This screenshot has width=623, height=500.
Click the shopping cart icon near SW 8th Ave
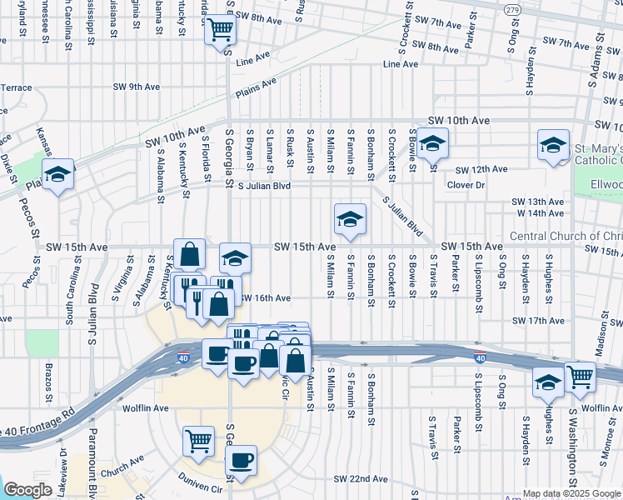tap(220, 30)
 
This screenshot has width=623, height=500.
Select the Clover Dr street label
tap(466, 185)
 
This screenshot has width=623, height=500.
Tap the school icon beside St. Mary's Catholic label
tap(553, 146)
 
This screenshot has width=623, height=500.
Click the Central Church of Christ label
tap(566, 236)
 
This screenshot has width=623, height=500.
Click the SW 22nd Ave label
tap(361, 479)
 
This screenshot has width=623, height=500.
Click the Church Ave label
tap(124, 457)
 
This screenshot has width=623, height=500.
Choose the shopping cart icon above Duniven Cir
tap(198, 439)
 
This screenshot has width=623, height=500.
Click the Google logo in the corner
tap(27, 490)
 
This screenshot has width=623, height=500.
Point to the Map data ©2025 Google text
tap(571, 493)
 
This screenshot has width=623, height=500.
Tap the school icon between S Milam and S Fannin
tap(350, 219)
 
